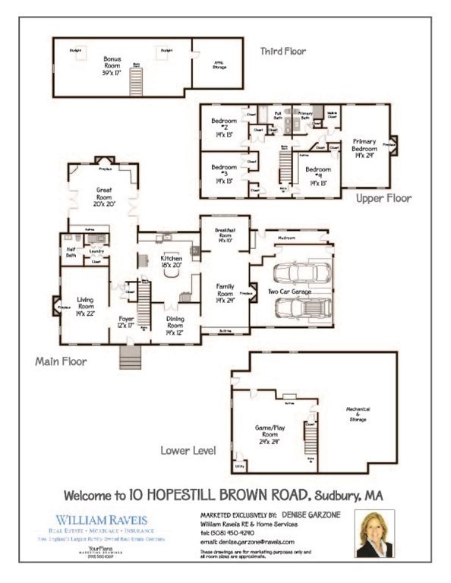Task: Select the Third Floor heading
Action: click(x=283, y=52)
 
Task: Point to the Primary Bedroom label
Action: click(x=364, y=148)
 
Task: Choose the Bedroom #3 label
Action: click(x=225, y=174)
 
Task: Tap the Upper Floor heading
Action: click(x=383, y=198)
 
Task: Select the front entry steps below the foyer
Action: click(x=131, y=357)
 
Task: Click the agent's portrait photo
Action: click(x=374, y=534)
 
